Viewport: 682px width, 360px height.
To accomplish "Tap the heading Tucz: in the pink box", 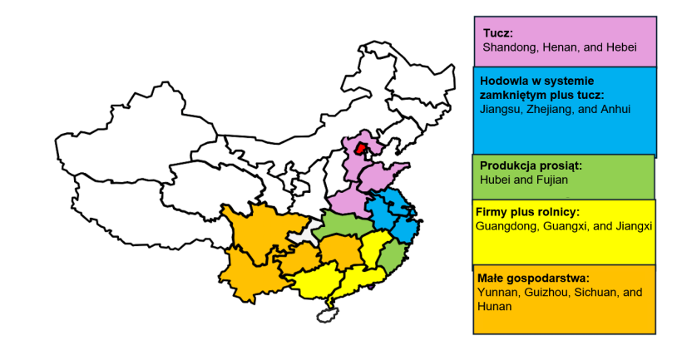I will tap(498, 33).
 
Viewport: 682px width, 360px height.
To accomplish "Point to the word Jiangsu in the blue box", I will tap(500, 109).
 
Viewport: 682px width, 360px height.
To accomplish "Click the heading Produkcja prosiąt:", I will tap(531, 165).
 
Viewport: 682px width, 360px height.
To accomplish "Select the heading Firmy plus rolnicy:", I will tap(527, 212).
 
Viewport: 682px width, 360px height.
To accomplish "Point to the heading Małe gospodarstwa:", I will tap(533, 279).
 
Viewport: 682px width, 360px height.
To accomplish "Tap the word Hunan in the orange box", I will tap(495, 306).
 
